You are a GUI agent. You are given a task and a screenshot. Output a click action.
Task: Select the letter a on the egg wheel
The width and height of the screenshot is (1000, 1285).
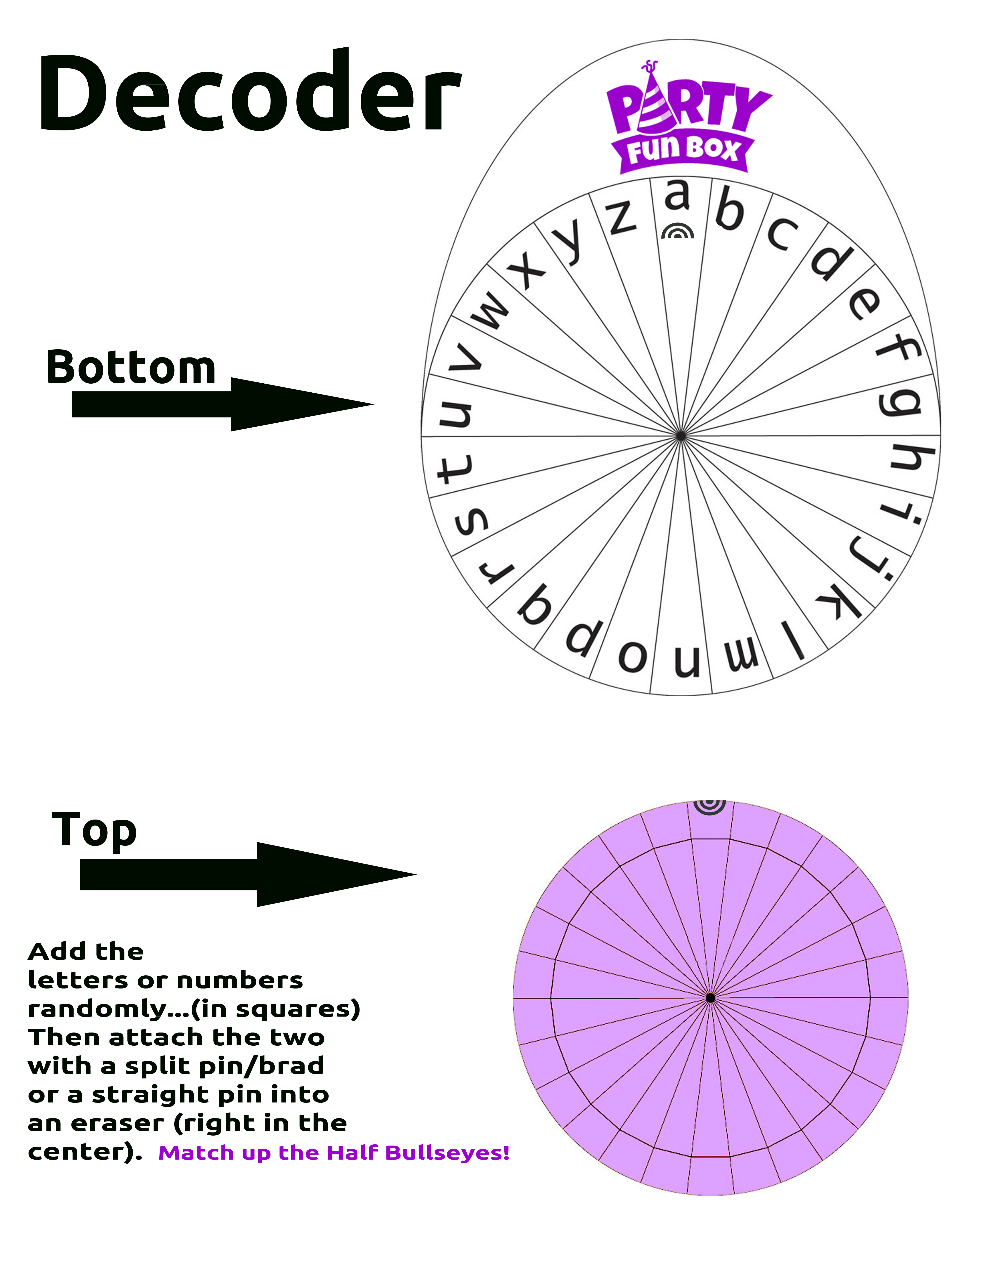pos(677,195)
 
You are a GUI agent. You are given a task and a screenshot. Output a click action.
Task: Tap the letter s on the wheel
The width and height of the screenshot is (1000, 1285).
pos(471,521)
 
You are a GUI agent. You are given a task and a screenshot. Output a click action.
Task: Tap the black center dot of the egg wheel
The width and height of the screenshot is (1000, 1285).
pos(680,436)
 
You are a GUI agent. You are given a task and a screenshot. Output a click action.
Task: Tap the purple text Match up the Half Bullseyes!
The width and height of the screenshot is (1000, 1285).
pos(334,1153)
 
